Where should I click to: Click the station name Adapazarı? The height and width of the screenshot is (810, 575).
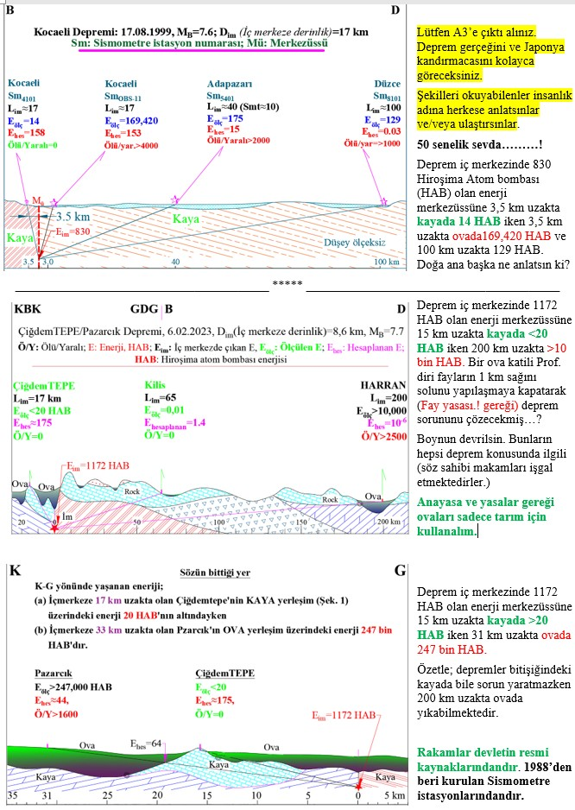228,84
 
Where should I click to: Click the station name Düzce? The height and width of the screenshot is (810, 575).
388,84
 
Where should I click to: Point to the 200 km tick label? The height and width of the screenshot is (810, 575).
388,522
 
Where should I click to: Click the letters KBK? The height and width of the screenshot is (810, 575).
25,307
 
